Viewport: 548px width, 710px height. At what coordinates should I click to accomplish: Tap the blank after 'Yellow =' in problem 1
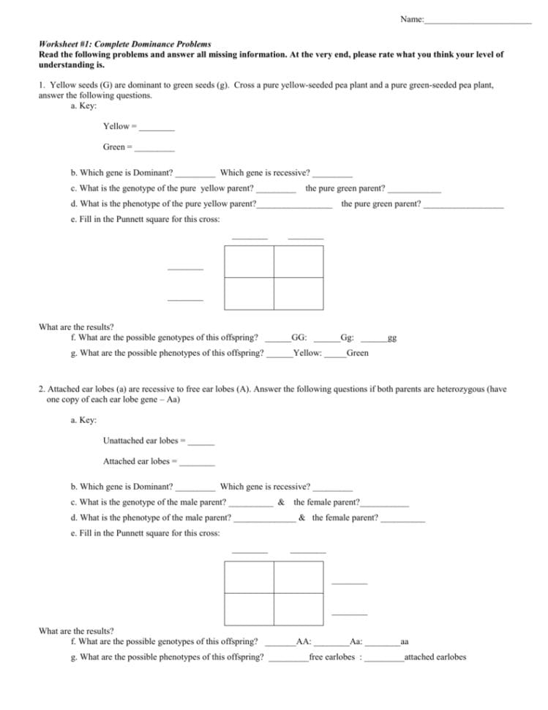tap(157, 127)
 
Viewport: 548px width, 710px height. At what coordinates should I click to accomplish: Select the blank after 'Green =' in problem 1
tap(154, 148)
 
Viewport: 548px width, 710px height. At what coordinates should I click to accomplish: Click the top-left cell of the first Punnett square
tap(249, 262)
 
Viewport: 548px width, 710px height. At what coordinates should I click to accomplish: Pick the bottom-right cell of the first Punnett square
tap(299, 294)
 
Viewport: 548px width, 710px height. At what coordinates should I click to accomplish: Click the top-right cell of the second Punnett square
tap(299, 577)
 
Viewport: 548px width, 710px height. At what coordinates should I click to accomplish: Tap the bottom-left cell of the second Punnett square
tap(249, 608)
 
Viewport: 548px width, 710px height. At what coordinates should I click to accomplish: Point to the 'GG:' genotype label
tap(299, 338)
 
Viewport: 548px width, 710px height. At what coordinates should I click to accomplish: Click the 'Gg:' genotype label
tap(348, 338)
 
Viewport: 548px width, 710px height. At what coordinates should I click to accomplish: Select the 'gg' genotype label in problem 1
tap(392, 339)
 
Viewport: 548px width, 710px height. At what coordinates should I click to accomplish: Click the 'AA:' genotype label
tap(304, 642)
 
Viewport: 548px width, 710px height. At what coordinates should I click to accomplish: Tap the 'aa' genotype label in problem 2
tap(405, 642)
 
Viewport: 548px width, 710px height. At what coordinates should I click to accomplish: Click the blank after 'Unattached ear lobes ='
tap(201, 441)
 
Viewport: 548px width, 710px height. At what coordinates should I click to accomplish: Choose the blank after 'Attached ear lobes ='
tap(197, 462)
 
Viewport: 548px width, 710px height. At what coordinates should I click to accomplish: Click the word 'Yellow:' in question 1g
tap(307, 354)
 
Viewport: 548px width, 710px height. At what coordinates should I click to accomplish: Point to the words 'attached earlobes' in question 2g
tap(435, 657)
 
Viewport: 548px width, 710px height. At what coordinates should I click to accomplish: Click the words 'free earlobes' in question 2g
tap(331, 657)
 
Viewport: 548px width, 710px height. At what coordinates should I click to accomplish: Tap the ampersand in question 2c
tap(281, 503)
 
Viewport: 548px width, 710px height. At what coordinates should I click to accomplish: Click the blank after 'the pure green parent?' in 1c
tap(414, 189)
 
